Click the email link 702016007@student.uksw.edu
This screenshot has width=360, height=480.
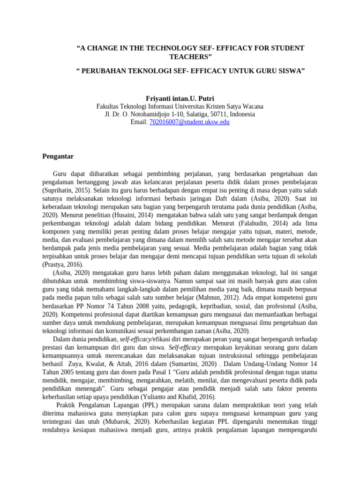(189, 122)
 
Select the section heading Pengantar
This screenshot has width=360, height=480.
(58, 156)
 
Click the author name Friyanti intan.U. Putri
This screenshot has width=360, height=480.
(180, 98)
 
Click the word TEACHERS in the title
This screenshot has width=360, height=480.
(190, 57)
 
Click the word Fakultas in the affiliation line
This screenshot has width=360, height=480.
(108, 106)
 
